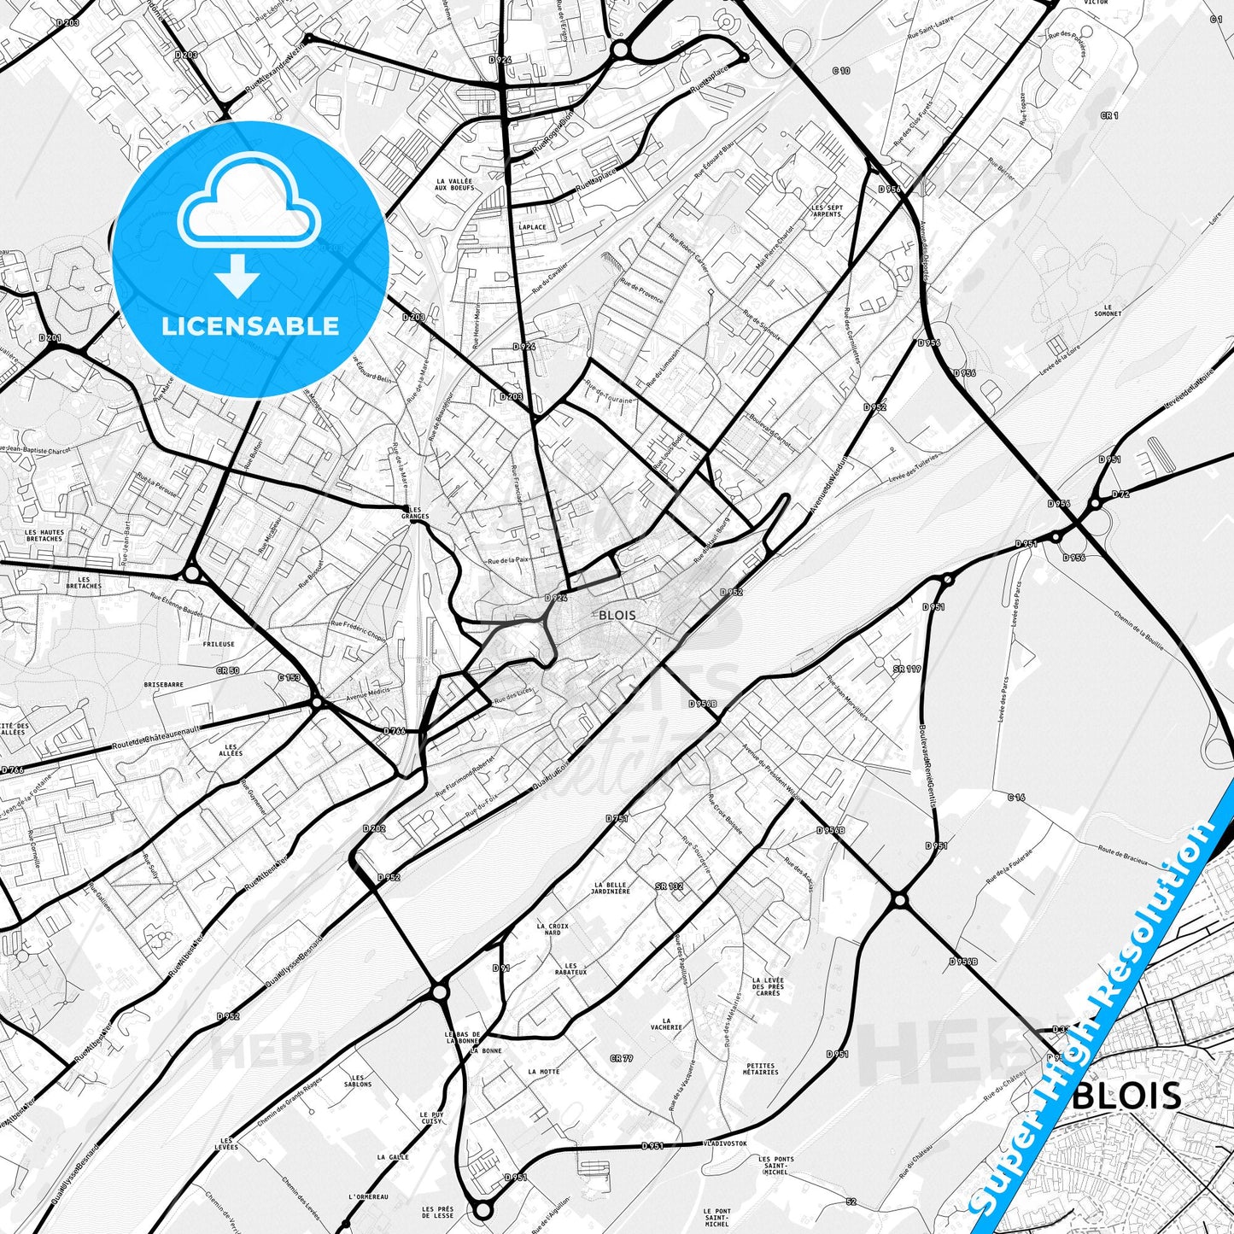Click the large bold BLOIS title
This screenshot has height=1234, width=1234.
click(1126, 1096)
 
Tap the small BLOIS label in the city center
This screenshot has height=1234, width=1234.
click(617, 614)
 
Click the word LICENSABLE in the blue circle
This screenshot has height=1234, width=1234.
click(250, 326)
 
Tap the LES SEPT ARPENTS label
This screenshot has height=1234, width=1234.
click(827, 210)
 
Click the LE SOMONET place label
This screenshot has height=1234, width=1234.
click(1108, 310)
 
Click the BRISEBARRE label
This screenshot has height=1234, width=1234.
click(164, 684)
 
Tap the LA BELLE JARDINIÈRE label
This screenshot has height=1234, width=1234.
click(611, 888)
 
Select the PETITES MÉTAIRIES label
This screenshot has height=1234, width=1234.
click(761, 1068)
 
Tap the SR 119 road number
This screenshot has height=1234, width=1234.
click(906, 669)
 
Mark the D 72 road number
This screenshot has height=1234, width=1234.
click(1120, 494)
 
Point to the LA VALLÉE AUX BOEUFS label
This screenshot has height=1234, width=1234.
click(454, 184)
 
